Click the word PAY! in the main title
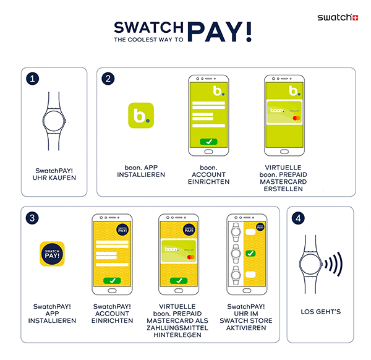(x=219, y=32)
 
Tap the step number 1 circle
(x=33, y=79)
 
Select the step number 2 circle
(x=109, y=79)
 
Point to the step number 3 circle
(x=33, y=218)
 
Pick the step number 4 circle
(x=300, y=218)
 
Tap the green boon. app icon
(x=140, y=116)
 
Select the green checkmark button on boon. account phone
(x=209, y=142)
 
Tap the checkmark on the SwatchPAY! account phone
(x=112, y=280)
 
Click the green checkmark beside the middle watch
(x=250, y=253)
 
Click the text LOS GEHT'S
(x=320, y=311)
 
